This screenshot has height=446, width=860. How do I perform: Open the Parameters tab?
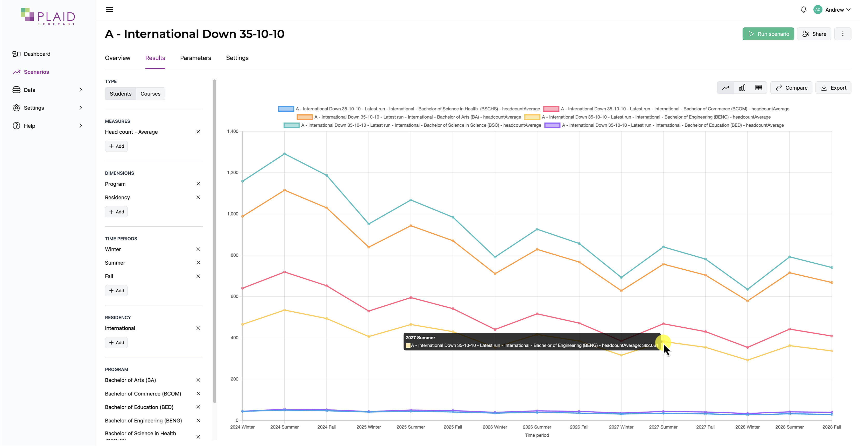pyautogui.click(x=195, y=58)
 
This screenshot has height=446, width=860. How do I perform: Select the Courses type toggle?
pyautogui.click(x=150, y=94)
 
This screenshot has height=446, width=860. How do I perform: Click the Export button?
pyautogui.click(x=833, y=88)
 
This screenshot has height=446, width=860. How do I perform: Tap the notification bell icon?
pyautogui.click(x=803, y=10)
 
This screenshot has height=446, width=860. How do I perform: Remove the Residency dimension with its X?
pyautogui.click(x=198, y=197)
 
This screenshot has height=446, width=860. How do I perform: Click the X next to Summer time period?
pyautogui.click(x=198, y=263)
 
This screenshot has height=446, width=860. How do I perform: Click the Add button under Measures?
pyautogui.click(x=116, y=146)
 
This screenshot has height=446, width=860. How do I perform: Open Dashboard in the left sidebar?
pyautogui.click(x=37, y=54)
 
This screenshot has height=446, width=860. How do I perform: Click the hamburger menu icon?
pyautogui.click(x=109, y=10)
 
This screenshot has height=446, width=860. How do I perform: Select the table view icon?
pyautogui.click(x=758, y=88)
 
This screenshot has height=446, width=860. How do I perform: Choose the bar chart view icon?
pyautogui.click(x=742, y=88)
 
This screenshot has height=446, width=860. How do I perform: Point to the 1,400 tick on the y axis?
pyautogui.click(x=233, y=131)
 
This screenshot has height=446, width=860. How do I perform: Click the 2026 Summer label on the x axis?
pyautogui.click(x=537, y=427)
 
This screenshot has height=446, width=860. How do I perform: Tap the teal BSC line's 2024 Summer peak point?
pyautogui.click(x=284, y=154)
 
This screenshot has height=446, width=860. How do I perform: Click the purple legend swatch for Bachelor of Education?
pyautogui.click(x=552, y=125)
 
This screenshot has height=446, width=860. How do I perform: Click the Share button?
pyautogui.click(x=814, y=34)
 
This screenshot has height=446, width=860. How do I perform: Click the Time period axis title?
pyautogui.click(x=537, y=435)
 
